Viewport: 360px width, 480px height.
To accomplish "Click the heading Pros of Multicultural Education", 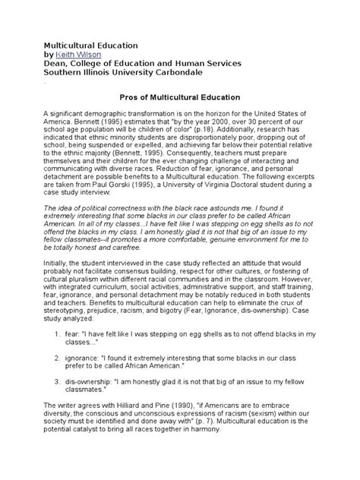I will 180,97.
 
